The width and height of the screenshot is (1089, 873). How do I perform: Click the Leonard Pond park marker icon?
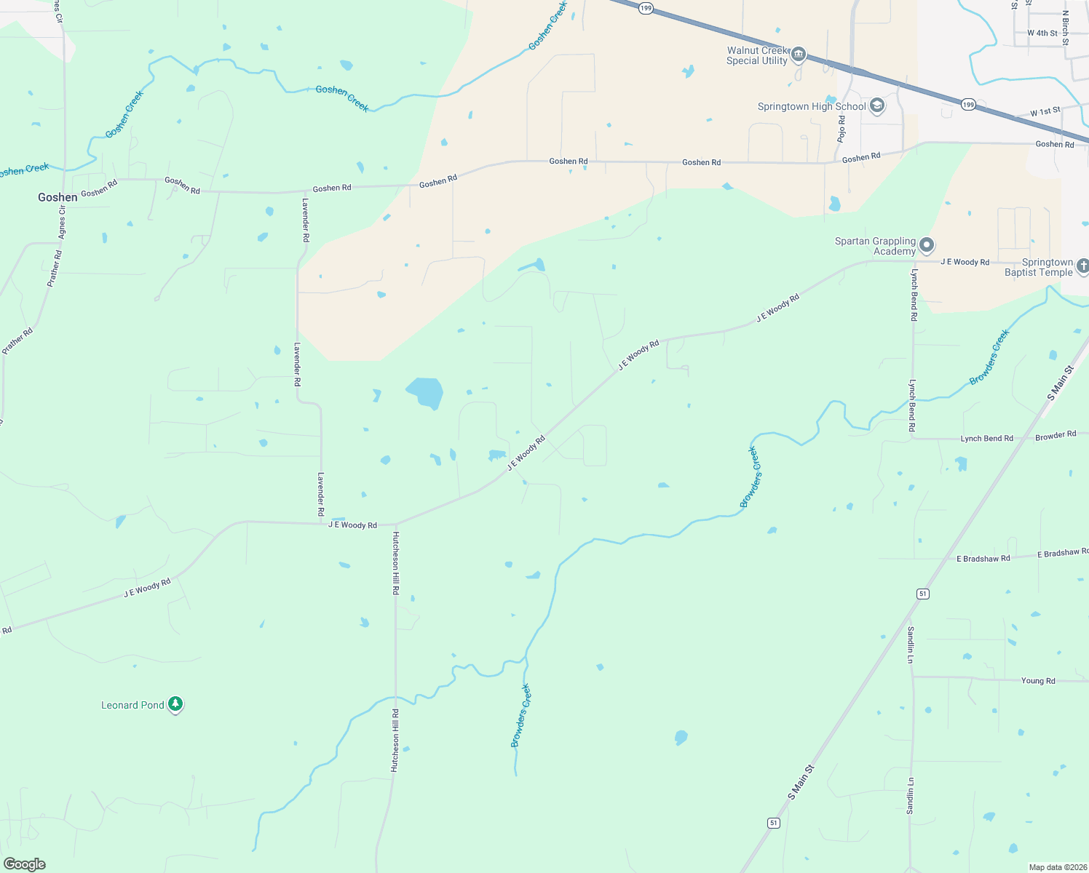coord(175,703)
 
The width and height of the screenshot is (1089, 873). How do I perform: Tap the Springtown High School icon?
coord(877,106)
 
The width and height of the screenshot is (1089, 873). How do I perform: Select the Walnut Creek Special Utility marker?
coord(799,55)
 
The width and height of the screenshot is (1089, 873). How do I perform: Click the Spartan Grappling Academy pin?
coord(926,244)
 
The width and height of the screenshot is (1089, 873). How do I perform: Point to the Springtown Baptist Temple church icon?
coord(1082,266)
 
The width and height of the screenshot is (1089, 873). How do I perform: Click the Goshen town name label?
coord(58,197)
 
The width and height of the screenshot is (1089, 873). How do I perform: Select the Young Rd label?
coord(1038,681)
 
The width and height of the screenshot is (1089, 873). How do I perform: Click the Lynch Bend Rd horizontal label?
coord(986,439)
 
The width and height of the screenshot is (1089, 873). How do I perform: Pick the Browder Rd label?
coord(1056,436)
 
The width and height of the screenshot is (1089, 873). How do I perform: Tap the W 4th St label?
coord(1042,33)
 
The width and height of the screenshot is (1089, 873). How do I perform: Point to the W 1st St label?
coord(1045,112)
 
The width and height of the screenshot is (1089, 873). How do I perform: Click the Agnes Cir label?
coord(62,223)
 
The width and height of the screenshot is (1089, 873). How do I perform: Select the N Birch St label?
coord(1065,28)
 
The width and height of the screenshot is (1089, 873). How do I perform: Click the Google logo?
coord(24,864)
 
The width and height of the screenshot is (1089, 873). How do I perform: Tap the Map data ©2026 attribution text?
coord(1056,867)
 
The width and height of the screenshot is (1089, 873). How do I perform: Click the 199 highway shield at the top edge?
coord(646,8)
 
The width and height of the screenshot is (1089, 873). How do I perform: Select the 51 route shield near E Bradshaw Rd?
coord(922,594)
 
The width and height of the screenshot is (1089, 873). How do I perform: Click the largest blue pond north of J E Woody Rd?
coord(425,393)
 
